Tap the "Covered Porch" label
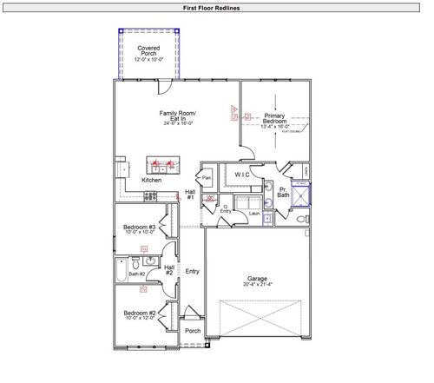click(x=148, y=50)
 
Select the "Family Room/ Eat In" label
click(x=178, y=116)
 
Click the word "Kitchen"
click(x=151, y=180)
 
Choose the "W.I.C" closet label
click(x=242, y=175)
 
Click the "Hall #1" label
click(x=190, y=195)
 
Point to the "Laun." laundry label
click(x=255, y=213)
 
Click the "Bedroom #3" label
click(x=139, y=228)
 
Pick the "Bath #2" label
click(x=137, y=274)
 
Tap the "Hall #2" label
click(x=169, y=270)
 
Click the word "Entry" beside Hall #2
click(x=192, y=272)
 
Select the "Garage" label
click(x=257, y=279)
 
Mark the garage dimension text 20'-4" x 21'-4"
click(x=257, y=285)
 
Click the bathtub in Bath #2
click(x=122, y=272)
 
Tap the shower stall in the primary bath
click(x=299, y=194)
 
